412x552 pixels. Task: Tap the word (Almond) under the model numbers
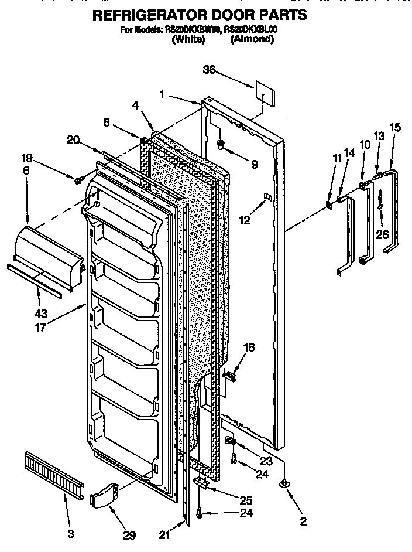coord(252,39)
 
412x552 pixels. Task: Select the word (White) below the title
coord(188,39)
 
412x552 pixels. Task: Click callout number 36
coord(209,70)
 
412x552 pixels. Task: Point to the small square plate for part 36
coord(264,91)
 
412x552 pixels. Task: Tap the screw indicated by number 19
coord(77,178)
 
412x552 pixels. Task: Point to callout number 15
coord(395,126)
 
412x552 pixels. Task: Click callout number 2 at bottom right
coord(303,521)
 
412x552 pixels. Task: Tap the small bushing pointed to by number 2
coord(284,483)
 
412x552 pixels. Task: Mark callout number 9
coord(254,165)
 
